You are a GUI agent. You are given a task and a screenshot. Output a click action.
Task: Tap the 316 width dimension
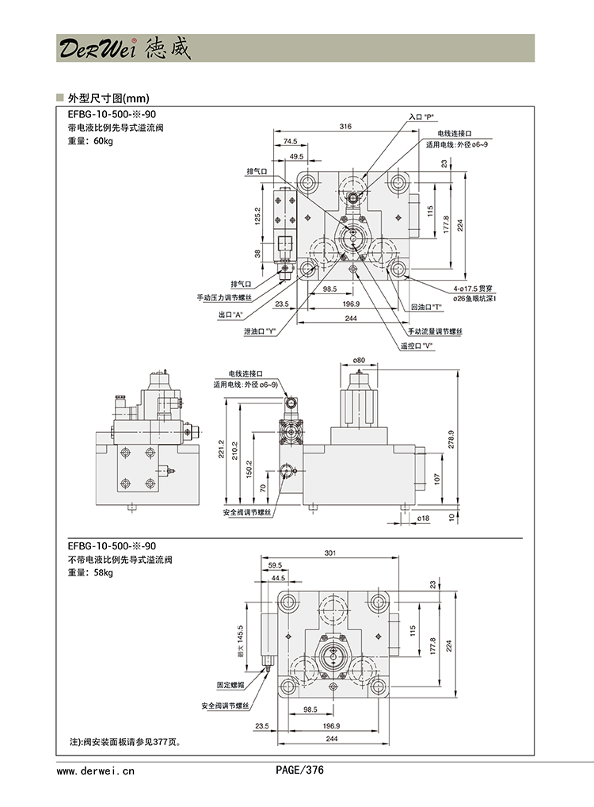tap(345, 127)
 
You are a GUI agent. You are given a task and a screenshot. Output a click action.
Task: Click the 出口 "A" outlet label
tap(230, 315)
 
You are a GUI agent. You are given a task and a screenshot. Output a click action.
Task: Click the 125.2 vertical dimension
tap(257, 216)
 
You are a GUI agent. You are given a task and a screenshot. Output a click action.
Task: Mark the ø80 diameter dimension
tap(359, 360)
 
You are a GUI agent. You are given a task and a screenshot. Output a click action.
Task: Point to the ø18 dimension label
tap(423, 518)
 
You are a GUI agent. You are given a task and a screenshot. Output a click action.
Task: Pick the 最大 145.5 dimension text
tap(238, 641)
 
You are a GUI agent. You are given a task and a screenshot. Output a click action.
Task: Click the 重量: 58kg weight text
tap(90, 573)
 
